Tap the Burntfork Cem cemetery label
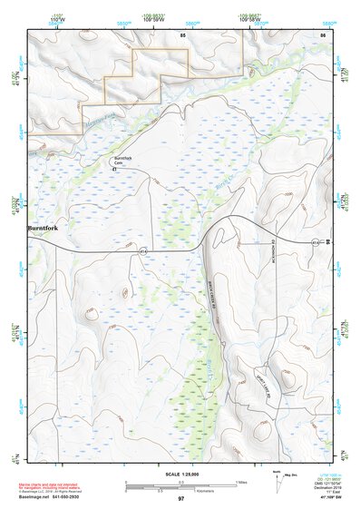(123, 161)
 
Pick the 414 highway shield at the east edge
(316, 242)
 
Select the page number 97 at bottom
(181, 500)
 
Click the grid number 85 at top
(182, 34)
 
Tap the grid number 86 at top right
(322, 34)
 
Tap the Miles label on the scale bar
(241, 481)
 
